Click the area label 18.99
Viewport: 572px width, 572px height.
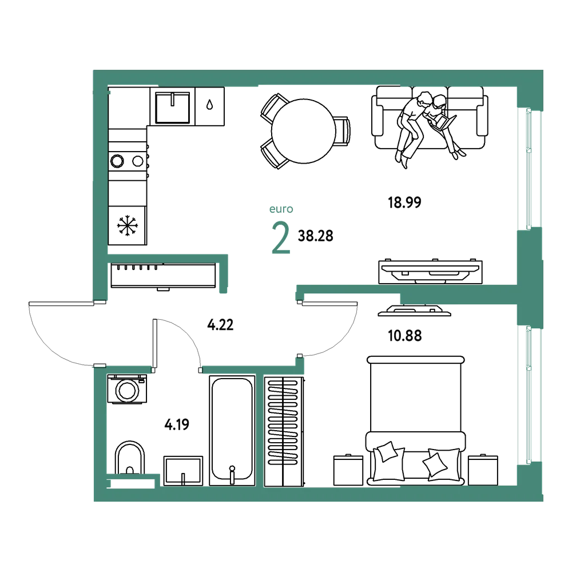(404, 202)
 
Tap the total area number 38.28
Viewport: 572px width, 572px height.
(316, 236)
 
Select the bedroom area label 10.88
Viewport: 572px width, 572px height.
(404, 336)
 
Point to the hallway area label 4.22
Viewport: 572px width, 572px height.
(220, 324)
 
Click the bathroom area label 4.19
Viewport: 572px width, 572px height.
(177, 424)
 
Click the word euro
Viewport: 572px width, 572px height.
(281, 209)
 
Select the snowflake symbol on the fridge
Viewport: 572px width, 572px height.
(128, 225)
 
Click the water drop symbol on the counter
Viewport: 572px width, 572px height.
(209, 105)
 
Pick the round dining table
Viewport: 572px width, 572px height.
(304, 132)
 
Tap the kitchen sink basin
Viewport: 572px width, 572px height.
(173, 108)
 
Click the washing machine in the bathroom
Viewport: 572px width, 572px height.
(127, 389)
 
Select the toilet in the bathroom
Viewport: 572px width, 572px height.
(130, 458)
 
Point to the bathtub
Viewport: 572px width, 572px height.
(232, 431)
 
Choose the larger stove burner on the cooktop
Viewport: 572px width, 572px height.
(117, 161)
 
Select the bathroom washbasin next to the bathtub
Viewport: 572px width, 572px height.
(183, 471)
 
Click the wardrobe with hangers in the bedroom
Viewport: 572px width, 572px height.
(284, 431)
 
